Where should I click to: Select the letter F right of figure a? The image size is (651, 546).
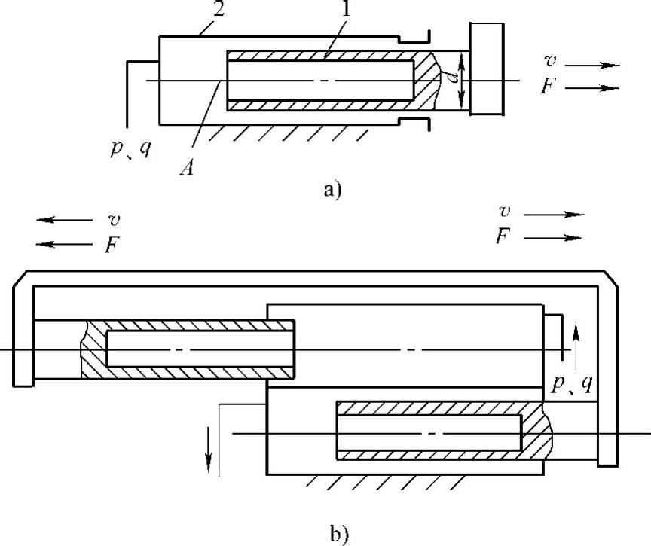pos(549,86)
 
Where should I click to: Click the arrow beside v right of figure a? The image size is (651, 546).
pos(592,66)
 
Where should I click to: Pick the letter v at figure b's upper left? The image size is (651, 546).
pos(114,219)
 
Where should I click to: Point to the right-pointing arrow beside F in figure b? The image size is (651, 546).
pos(553,238)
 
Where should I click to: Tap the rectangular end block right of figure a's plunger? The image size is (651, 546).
pos(487,69)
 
